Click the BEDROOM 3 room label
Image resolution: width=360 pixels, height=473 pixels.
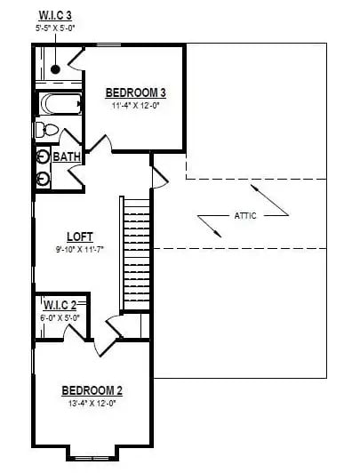click(136, 92)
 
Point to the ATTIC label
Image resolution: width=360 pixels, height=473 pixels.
click(246, 215)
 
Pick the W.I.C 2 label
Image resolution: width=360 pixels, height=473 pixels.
click(60, 305)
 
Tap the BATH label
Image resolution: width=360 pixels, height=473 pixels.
click(67, 157)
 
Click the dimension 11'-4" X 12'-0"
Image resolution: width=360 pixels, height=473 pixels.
click(136, 106)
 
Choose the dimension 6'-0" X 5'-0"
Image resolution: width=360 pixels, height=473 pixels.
click(60, 317)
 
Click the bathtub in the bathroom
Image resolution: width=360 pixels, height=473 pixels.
click(59, 104)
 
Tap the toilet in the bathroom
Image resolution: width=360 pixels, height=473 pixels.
click(47, 131)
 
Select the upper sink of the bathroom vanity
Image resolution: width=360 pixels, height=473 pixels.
click(44, 156)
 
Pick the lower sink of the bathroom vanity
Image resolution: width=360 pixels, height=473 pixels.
click(44, 177)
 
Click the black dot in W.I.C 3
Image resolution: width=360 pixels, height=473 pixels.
click(55, 68)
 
